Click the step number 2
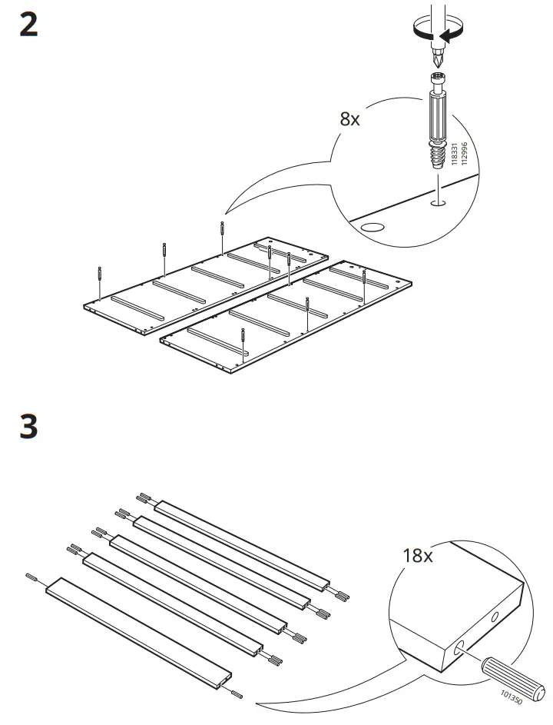click(x=28, y=25)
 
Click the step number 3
click(x=28, y=427)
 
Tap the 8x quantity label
click(x=349, y=119)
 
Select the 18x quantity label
click(x=417, y=555)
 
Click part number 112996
click(x=464, y=154)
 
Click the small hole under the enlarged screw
click(x=438, y=203)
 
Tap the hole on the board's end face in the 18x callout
click(x=493, y=617)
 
